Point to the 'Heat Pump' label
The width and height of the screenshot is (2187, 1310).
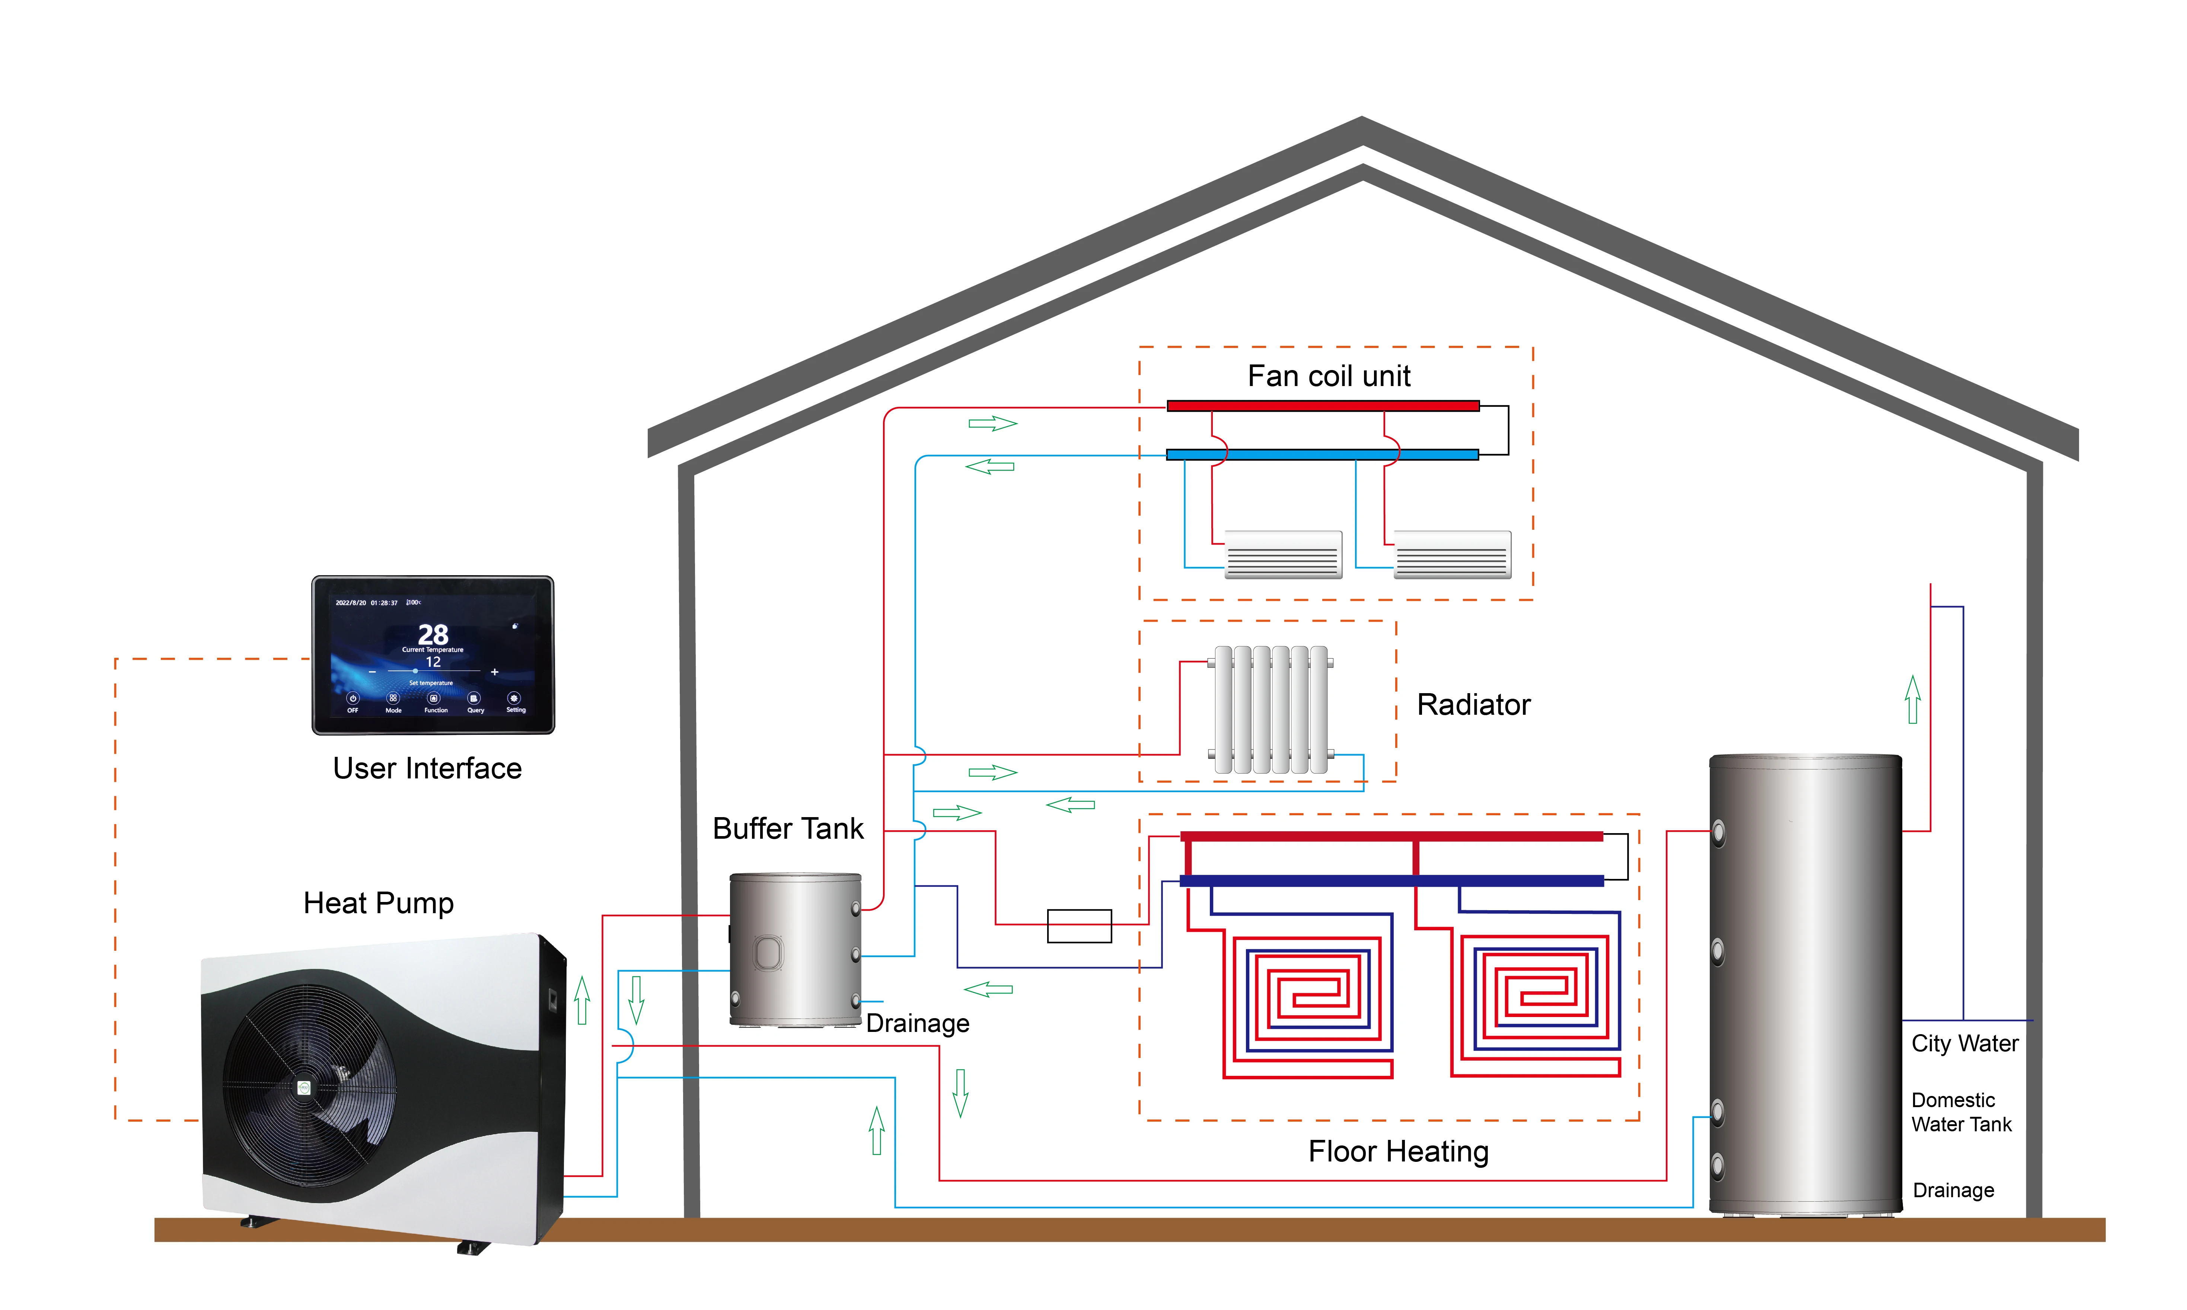click(379, 903)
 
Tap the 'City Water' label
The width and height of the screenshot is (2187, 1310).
click(1965, 1043)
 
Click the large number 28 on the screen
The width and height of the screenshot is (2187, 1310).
click(433, 634)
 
